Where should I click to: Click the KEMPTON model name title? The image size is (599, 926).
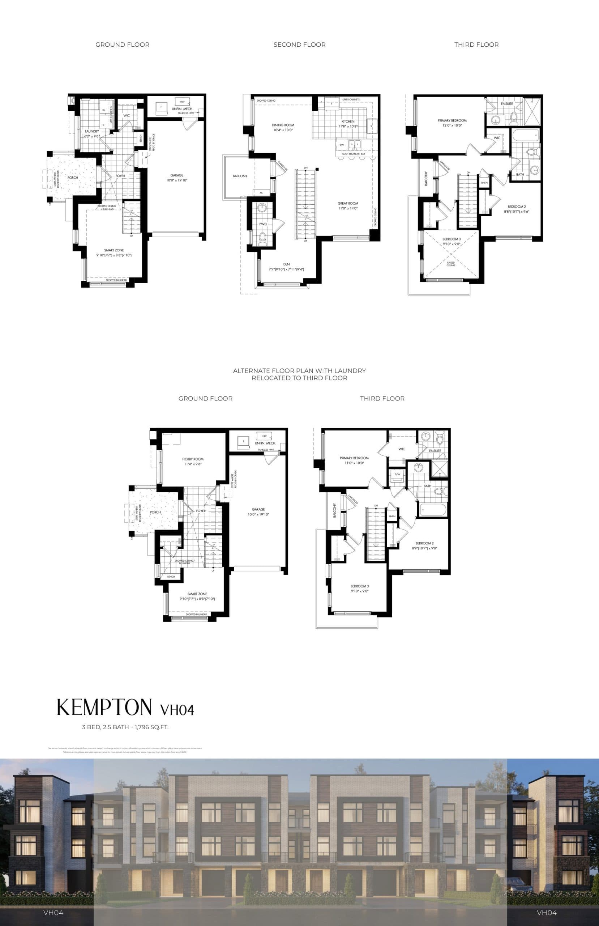(104, 707)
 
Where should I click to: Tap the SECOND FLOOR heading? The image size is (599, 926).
(299, 45)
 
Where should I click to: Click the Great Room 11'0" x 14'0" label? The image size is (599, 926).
(348, 206)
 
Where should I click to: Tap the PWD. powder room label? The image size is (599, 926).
(263, 225)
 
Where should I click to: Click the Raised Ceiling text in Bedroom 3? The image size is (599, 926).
(451, 264)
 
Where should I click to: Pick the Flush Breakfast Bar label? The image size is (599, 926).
(353, 154)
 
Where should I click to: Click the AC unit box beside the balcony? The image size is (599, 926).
(261, 192)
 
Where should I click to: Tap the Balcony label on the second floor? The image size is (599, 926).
(240, 176)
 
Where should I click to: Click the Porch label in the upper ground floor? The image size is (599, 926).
(73, 177)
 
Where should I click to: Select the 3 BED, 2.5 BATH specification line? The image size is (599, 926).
(125, 727)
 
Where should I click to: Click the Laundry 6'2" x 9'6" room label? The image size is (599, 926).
(92, 134)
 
